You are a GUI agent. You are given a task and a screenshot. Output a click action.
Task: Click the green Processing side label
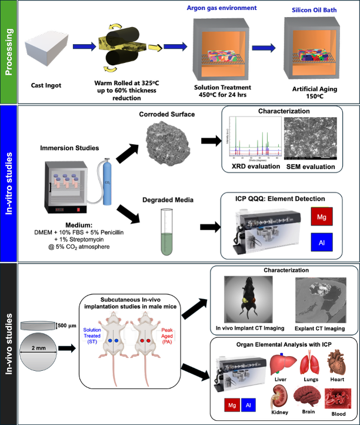(x=9, y=51)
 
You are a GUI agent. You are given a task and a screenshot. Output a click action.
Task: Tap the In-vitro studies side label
(x=9, y=183)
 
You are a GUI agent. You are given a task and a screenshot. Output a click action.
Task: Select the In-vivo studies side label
(x=9, y=343)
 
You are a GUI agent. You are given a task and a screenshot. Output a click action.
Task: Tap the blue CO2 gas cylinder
(x=107, y=182)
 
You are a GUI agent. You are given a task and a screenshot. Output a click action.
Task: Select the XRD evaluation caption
(x=248, y=167)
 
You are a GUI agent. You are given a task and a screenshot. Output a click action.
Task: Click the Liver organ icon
(x=281, y=364)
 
